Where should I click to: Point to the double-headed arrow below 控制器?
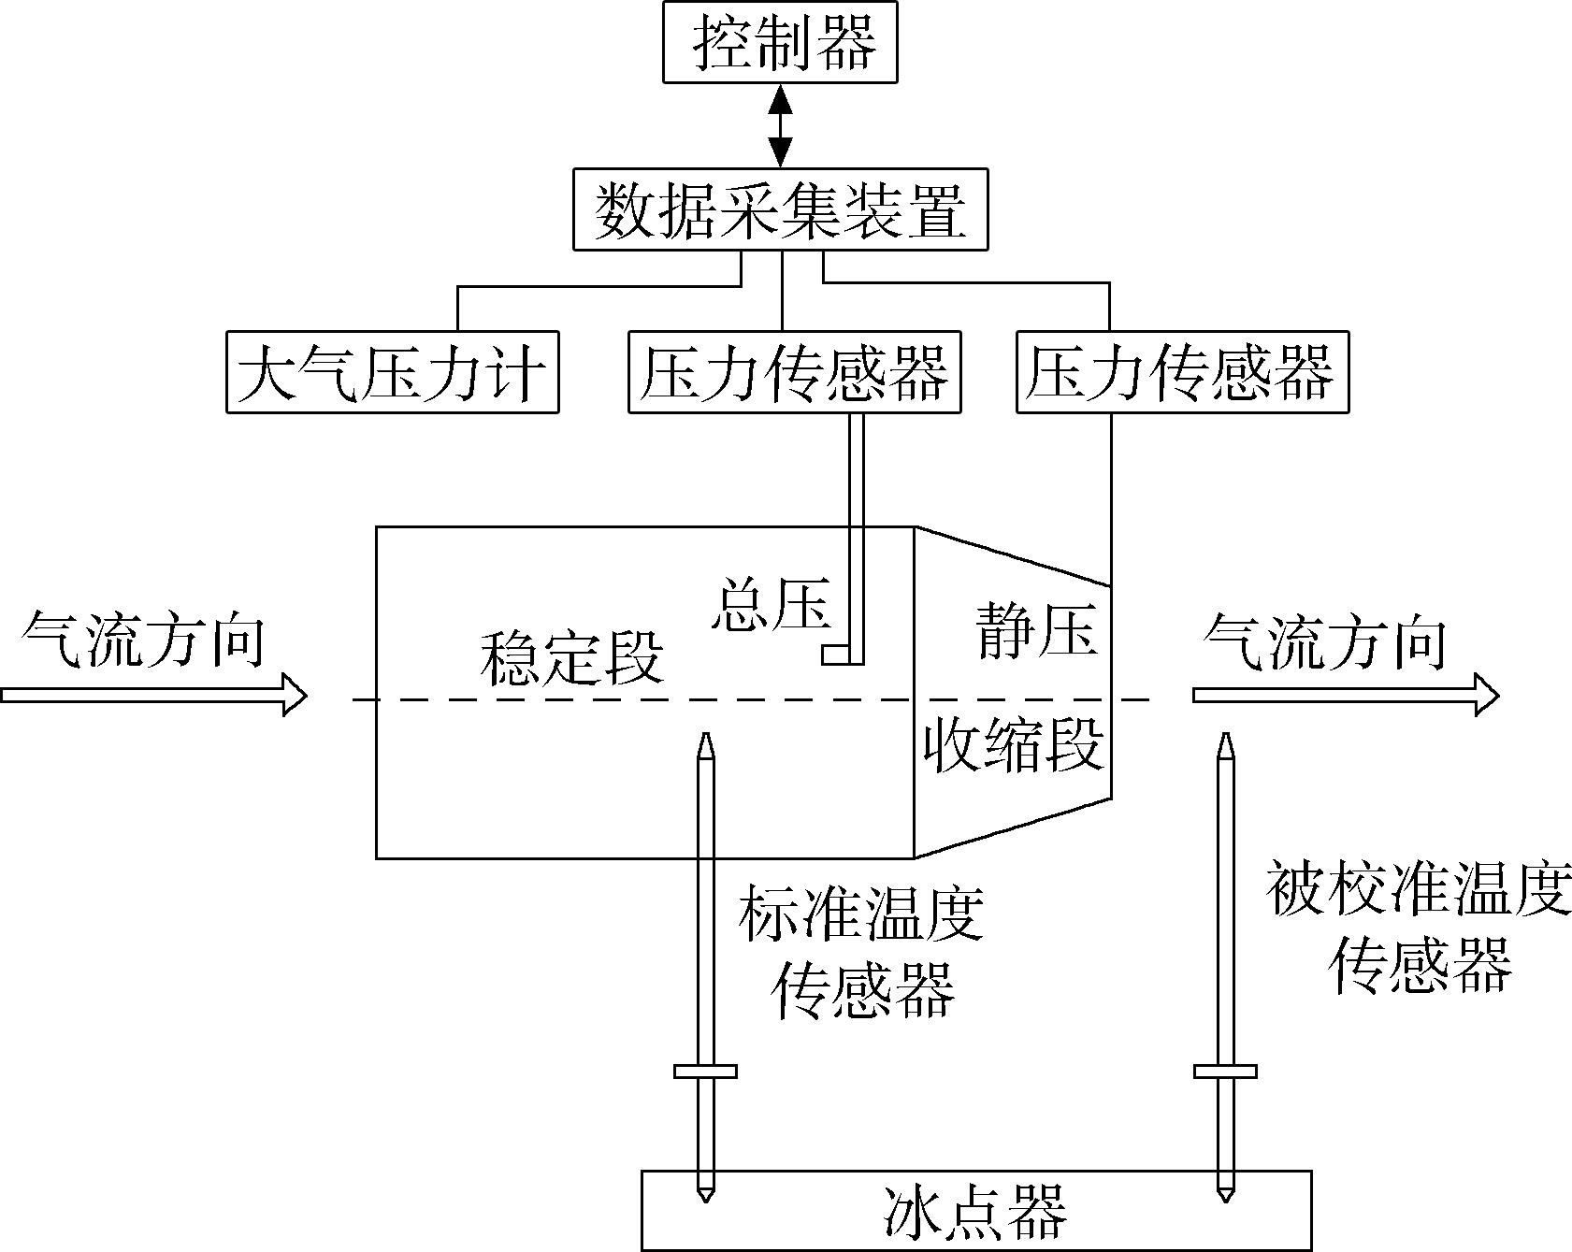click(780, 125)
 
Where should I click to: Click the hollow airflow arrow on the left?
click(154, 696)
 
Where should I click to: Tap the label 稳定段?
click(571, 659)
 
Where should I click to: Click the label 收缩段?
click(1014, 744)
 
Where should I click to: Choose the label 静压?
click(1037, 628)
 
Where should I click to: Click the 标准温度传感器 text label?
click(861, 952)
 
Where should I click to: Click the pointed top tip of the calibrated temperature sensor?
click(1225, 734)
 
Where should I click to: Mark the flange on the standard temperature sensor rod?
click(706, 1072)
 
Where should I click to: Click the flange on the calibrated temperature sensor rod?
click(1225, 1072)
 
